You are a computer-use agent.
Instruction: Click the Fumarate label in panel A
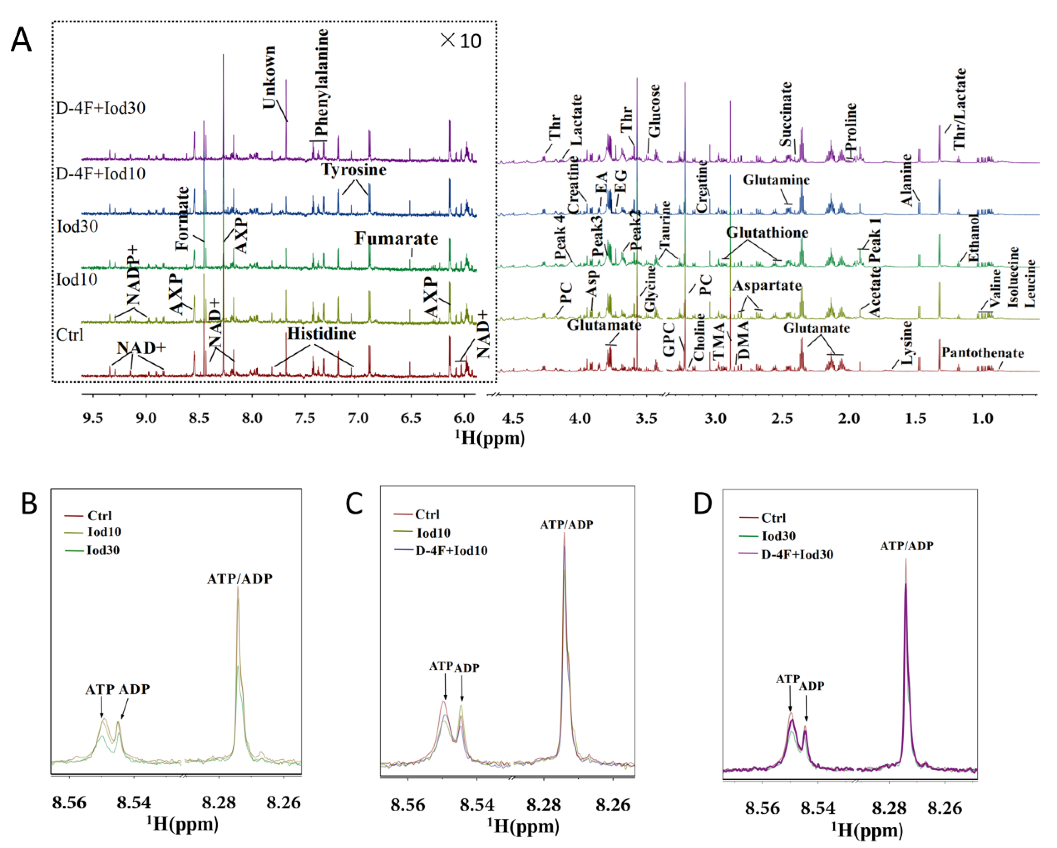tap(396, 239)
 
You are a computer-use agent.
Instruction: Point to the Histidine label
tap(321, 334)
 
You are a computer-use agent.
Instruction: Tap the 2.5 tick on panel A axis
tap(782, 418)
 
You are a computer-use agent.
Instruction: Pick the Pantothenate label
tap(982, 353)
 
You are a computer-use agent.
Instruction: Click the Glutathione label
tap(767, 232)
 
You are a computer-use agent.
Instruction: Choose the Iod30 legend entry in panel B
tap(103, 550)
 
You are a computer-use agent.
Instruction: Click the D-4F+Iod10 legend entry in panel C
tap(451, 550)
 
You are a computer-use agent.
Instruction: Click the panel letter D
tap(702, 503)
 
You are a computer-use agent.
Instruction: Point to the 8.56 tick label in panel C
tap(407, 805)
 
